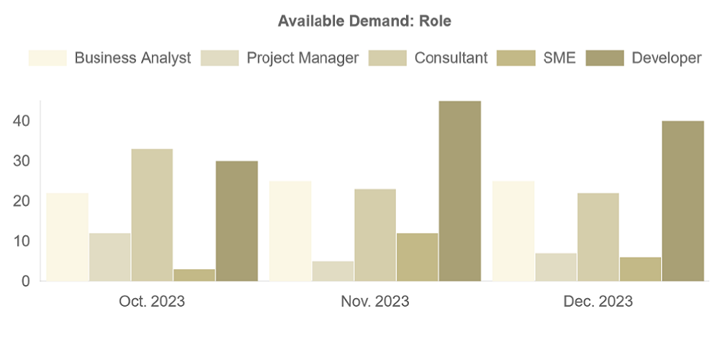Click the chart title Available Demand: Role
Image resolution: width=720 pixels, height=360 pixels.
point(364,22)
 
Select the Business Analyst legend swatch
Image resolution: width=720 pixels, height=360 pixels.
point(48,58)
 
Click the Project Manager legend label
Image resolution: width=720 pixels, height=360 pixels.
point(302,58)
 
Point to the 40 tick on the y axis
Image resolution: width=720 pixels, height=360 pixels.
point(21,121)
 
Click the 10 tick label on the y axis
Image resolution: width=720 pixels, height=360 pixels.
point(21,241)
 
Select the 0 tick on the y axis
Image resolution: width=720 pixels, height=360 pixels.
point(25,282)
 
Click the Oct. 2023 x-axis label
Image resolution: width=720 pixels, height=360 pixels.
point(152,302)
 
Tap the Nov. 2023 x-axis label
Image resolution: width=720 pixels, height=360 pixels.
point(374,302)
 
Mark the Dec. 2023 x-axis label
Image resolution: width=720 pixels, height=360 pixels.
point(598,302)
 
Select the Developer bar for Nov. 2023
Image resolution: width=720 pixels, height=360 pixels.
point(460,191)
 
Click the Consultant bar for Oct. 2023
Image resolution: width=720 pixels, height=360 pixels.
point(152,215)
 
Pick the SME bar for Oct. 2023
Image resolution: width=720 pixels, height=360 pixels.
point(194,275)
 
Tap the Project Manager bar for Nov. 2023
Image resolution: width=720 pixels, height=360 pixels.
point(333,271)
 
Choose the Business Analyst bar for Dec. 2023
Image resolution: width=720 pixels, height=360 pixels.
point(513,230)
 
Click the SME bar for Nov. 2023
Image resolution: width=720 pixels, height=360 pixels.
point(418,257)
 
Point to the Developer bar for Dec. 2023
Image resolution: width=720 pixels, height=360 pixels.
point(683,201)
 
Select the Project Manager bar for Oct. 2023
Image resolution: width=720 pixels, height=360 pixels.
point(109,257)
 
